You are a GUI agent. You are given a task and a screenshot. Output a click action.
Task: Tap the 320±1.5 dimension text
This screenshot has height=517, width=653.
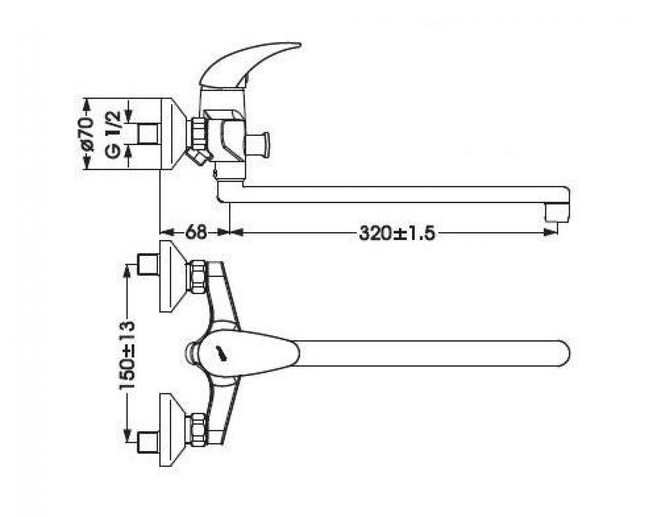397,233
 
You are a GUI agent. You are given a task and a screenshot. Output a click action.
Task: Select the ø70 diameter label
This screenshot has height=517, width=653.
88,134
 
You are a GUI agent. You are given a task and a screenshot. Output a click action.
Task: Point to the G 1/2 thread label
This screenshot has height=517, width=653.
114,134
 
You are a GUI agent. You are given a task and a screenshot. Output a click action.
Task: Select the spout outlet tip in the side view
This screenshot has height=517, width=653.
556,214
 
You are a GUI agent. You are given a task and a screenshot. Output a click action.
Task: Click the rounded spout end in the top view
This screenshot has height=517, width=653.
563,354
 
